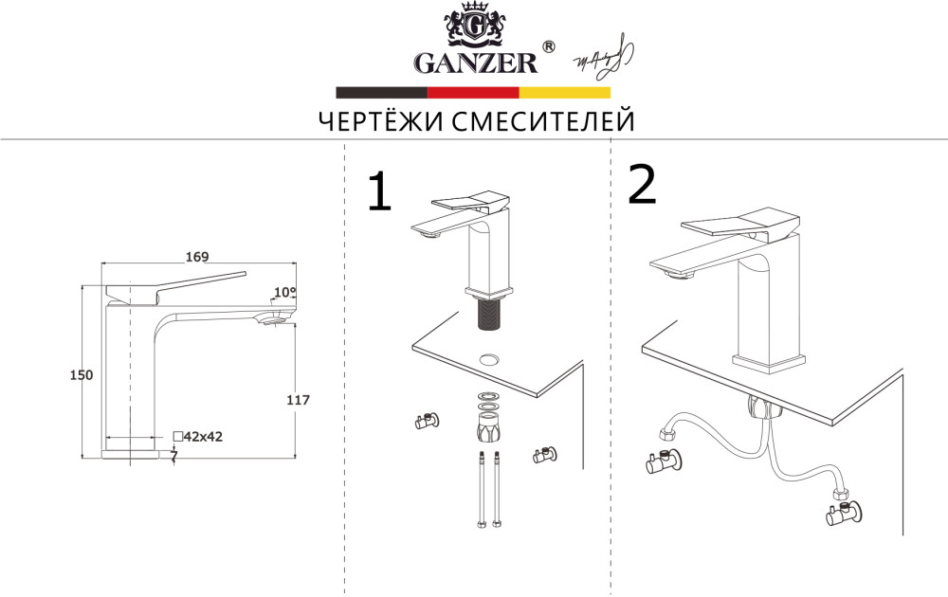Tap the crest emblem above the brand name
pyautogui.click(x=474, y=26)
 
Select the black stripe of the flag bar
pyautogui.click(x=381, y=93)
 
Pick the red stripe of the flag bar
pyautogui.click(x=473, y=93)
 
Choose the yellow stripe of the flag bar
pyautogui.click(x=564, y=93)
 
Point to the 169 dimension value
pyautogui.click(x=197, y=257)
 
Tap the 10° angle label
pyautogui.click(x=284, y=292)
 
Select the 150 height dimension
pyautogui.click(x=82, y=375)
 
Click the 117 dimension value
pyautogui.click(x=298, y=401)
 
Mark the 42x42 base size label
pyautogui.click(x=203, y=436)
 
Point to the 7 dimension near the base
pyautogui.click(x=173, y=455)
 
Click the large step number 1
pyautogui.click(x=378, y=192)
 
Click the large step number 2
pyautogui.click(x=642, y=185)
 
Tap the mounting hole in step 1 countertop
pyautogui.click(x=490, y=360)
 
